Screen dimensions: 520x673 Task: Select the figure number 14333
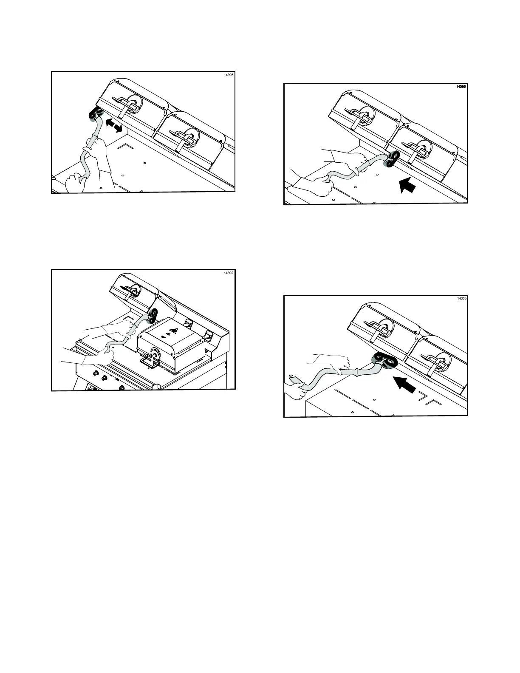pyautogui.click(x=461, y=298)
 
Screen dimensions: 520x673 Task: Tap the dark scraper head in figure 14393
pyautogui.click(x=392, y=159)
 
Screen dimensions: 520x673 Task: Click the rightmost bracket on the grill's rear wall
pyautogui.click(x=209, y=336)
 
